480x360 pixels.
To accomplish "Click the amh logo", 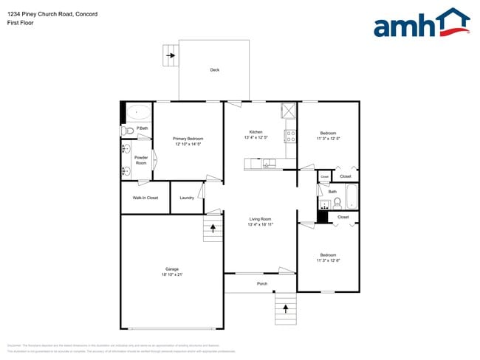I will [x=422, y=24].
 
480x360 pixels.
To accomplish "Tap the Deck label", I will [x=214, y=70].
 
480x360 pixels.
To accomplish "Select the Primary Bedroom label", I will [x=188, y=139].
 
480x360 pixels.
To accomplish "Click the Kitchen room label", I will [x=256, y=132].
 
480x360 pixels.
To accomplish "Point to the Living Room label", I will [x=260, y=219].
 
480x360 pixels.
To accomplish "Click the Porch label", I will [x=261, y=284].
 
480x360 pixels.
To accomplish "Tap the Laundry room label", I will [x=187, y=198].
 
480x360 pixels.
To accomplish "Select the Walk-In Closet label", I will [x=145, y=198].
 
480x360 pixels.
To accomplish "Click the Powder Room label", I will [x=141, y=160].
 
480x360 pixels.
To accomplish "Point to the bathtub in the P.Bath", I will [x=139, y=114].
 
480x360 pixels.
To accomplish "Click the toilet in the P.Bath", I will [x=127, y=131].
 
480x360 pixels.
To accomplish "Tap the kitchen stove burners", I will [x=291, y=136].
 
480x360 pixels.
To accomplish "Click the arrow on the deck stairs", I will [x=171, y=55].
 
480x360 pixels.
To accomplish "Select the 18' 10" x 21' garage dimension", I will [x=171, y=274].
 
